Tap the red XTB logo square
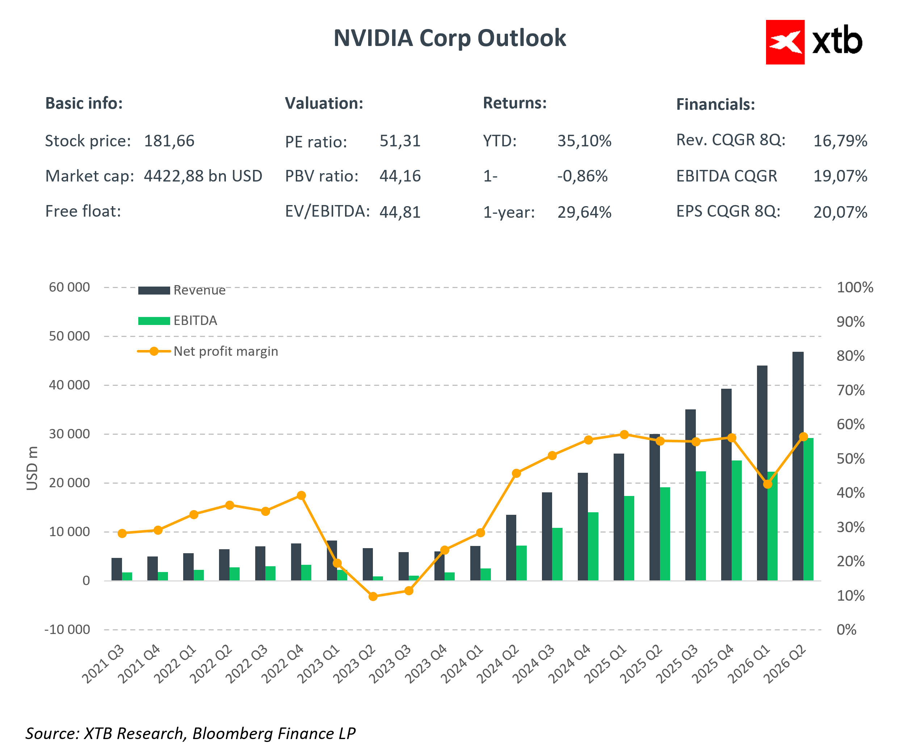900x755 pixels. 785,42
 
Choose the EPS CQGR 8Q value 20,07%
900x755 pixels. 840,212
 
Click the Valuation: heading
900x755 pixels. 324,103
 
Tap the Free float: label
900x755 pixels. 83,212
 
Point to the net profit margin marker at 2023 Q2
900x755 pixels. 373,596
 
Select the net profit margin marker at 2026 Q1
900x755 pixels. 767,484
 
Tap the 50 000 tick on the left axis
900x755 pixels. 70,336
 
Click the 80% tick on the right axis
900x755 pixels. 850,356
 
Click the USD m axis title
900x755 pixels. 32,468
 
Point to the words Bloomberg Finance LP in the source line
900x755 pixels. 274,734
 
